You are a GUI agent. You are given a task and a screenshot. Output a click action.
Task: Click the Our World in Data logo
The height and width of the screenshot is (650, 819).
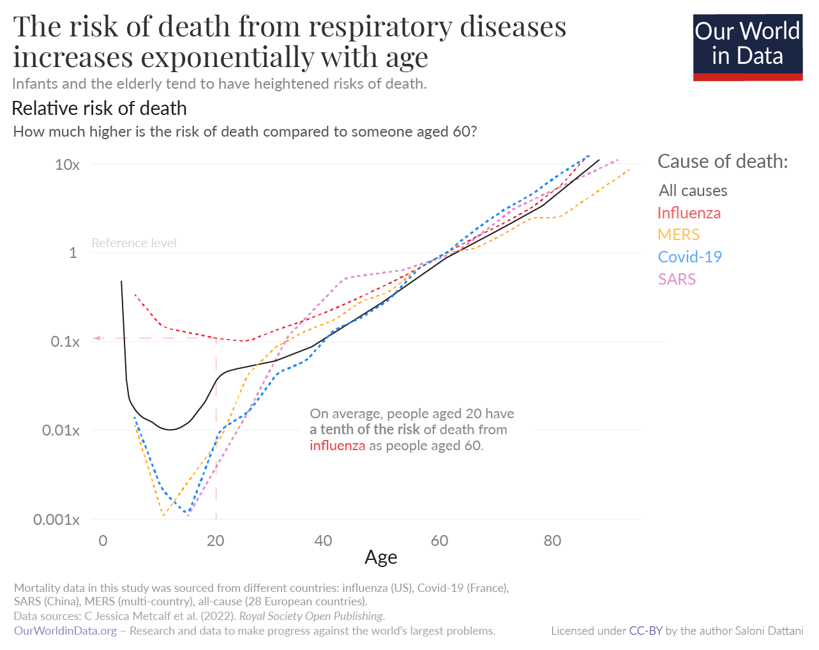coord(747,47)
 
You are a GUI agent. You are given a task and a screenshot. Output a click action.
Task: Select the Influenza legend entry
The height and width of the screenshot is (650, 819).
coord(689,213)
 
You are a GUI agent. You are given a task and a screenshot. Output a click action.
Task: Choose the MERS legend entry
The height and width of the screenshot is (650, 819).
coord(679,235)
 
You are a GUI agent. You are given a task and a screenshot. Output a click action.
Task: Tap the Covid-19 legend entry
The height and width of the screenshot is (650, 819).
coord(689,257)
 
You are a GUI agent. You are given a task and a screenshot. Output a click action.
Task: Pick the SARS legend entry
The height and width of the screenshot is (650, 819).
coord(677,280)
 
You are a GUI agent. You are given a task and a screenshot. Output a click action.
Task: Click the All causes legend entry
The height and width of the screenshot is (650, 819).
coord(693,191)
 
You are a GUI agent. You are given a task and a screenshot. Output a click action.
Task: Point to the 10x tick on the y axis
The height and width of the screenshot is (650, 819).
coord(67,165)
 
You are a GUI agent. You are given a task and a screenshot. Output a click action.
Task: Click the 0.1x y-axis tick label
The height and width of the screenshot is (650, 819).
coord(65,342)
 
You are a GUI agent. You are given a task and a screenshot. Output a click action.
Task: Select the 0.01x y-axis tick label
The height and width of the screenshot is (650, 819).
coord(61,430)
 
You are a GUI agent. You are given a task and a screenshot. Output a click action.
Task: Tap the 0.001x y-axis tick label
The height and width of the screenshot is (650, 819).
coord(56,520)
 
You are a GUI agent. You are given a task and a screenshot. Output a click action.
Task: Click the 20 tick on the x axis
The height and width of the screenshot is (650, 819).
coord(216,541)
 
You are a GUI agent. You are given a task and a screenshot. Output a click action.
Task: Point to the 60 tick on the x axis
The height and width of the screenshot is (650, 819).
coord(439,541)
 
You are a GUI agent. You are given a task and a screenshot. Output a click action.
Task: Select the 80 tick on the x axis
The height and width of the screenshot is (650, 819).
coord(552,541)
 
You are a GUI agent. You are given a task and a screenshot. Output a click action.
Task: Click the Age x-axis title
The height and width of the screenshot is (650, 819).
coord(380,557)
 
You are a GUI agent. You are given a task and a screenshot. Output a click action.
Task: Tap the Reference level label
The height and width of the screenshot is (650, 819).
coord(134,243)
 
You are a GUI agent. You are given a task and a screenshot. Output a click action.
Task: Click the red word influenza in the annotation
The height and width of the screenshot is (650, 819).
coord(337,446)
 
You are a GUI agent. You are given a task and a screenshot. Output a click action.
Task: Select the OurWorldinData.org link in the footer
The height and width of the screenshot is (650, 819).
coord(65,631)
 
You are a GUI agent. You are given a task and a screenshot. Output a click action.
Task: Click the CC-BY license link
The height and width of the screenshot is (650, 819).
coord(645,631)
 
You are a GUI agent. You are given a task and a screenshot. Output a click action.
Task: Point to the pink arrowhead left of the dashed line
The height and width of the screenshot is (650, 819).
coord(96,338)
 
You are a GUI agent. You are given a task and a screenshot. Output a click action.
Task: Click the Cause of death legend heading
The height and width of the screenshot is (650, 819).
coord(723,162)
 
